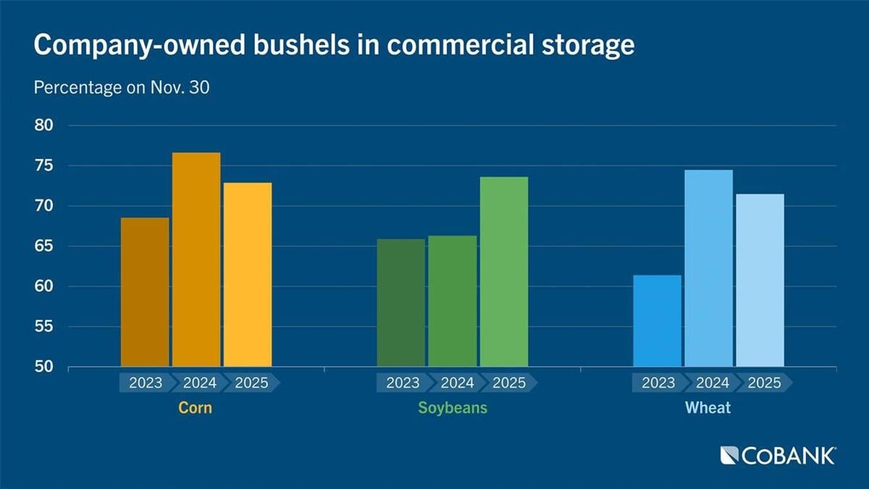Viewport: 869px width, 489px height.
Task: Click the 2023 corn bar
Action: pyautogui.click(x=145, y=292)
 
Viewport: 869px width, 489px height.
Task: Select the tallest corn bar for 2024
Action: pyautogui.click(x=196, y=260)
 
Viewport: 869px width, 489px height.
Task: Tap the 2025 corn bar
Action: pyautogui.click(x=248, y=275)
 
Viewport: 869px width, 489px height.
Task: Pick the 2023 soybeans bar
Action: pyautogui.click(x=401, y=303)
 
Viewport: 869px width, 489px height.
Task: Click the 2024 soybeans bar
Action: pyautogui.click(x=453, y=302)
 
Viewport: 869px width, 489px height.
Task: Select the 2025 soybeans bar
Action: pyautogui.click(x=504, y=272)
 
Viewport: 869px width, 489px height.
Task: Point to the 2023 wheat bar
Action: pyautogui.click(x=657, y=321)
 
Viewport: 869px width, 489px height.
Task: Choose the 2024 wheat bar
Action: pyautogui.click(x=708, y=268)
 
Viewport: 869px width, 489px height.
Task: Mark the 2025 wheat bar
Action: pyautogui.click(x=760, y=281)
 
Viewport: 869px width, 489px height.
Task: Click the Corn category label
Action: pyautogui.click(x=196, y=408)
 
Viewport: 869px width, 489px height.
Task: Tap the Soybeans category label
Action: pyautogui.click(x=453, y=408)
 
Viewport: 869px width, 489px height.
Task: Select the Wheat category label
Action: pyautogui.click(x=708, y=408)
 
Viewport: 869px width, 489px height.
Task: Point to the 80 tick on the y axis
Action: pyautogui.click(x=44, y=126)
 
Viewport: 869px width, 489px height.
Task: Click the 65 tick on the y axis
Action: pyautogui.click(x=44, y=247)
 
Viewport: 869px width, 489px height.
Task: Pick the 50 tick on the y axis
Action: pyautogui.click(x=44, y=367)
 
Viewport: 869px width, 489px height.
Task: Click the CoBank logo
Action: pyautogui.click(x=778, y=456)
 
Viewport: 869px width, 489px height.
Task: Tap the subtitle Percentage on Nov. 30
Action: pyautogui.click(x=122, y=88)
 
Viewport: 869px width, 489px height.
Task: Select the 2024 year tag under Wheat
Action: pyautogui.click(x=710, y=383)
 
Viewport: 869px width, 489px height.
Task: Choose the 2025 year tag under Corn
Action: pyautogui.click(x=251, y=383)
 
